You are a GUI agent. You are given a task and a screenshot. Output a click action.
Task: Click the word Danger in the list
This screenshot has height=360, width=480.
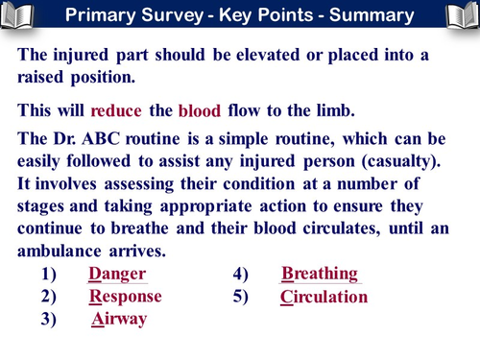point(117,274)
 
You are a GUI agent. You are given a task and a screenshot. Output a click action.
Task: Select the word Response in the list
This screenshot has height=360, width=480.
point(126,297)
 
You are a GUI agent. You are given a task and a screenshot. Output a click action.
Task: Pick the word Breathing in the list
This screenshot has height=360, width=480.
point(320,274)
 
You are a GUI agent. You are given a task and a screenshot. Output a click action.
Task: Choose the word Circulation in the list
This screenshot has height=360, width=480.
point(324,297)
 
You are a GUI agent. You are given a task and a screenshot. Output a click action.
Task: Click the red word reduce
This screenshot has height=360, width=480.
point(116,109)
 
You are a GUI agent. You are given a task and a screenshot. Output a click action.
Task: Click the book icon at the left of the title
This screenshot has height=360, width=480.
point(21,15)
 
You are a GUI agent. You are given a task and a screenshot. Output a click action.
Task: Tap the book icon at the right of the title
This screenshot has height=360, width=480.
point(458,15)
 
